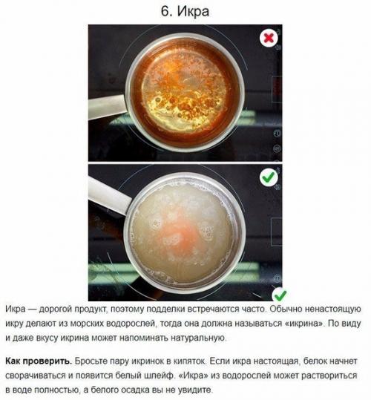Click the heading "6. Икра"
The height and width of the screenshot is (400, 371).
(x=185, y=11)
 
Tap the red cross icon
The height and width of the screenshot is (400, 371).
(x=269, y=39)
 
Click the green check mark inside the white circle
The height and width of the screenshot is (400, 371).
(x=269, y=177)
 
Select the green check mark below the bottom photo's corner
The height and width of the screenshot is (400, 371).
(x=280, y=295)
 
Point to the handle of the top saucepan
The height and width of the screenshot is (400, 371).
(x=107, y=107)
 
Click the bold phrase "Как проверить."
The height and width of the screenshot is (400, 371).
(x=39, y=361)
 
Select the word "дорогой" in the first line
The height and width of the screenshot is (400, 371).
(x=56, y=309)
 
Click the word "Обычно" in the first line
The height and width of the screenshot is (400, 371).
(x=286, y=309)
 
